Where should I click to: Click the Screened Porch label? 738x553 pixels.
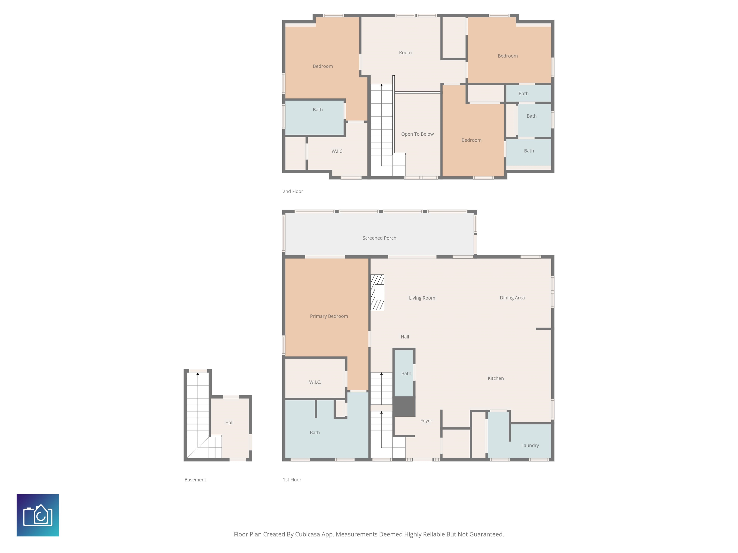379,238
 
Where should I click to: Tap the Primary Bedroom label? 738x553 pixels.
329,316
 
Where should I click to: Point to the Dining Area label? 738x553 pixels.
512,298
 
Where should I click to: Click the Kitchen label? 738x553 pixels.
496,378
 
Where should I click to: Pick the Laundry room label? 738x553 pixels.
530,445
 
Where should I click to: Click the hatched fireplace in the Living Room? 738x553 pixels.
377,292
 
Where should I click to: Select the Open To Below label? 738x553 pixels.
417,134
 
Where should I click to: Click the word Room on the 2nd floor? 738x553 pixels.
405,53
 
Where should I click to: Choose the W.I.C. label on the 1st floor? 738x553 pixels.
315,382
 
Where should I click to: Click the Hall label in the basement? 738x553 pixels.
229,423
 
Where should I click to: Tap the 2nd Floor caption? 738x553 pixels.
293,191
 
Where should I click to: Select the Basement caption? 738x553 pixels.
195,480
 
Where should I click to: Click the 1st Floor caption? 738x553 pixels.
292,480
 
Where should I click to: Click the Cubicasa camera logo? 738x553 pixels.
38,515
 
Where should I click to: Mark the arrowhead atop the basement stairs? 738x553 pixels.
198,374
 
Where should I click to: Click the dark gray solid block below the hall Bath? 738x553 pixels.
404,407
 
